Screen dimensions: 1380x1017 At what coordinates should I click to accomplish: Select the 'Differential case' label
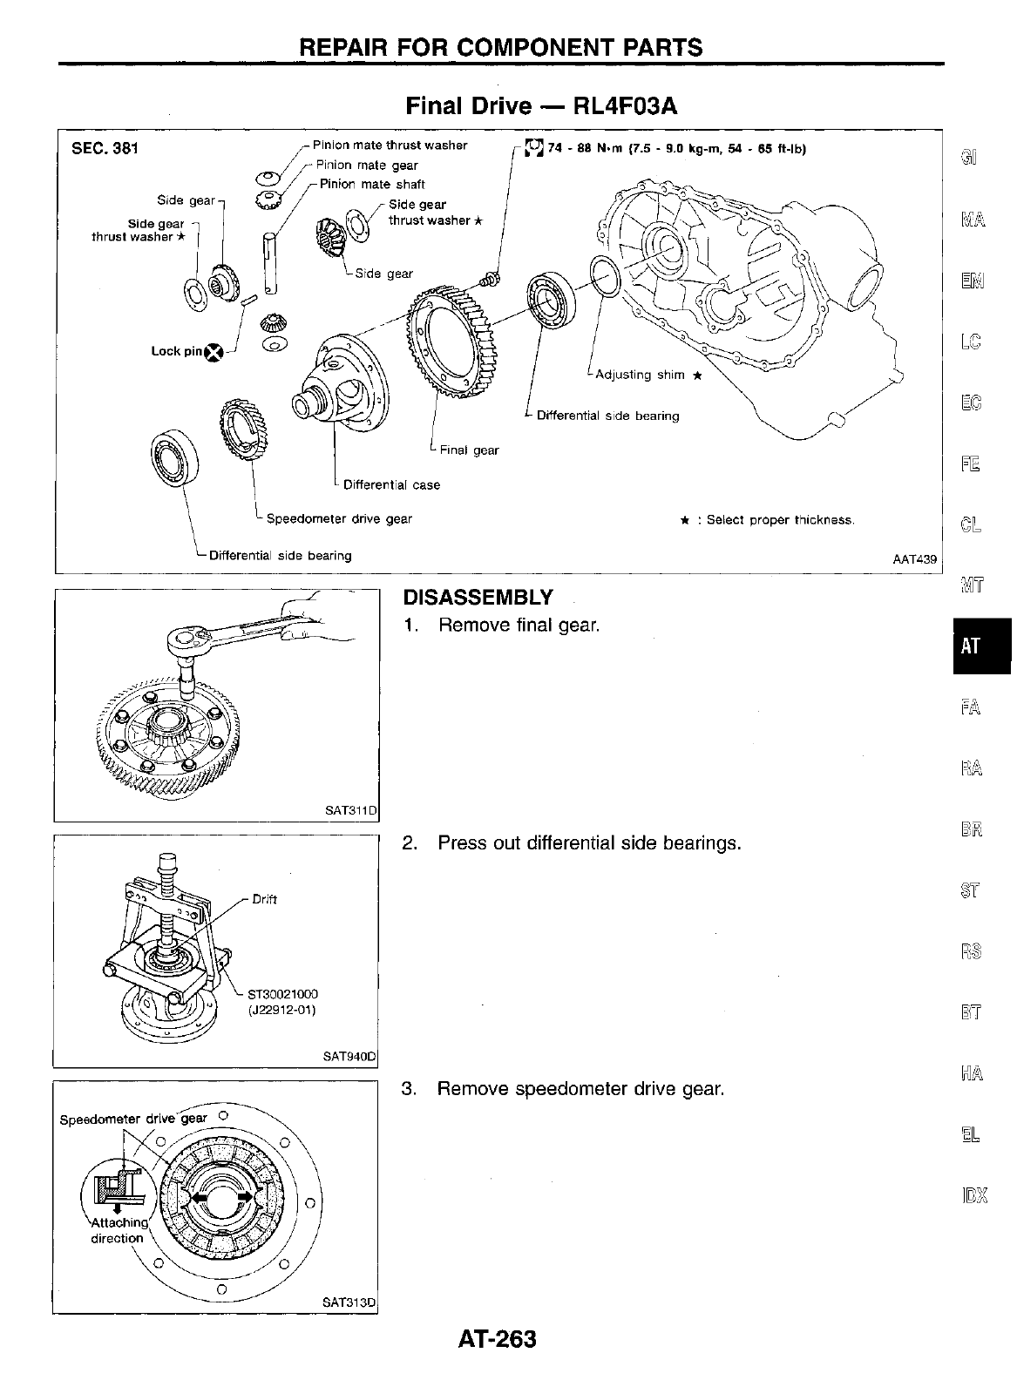[x=391, y=484]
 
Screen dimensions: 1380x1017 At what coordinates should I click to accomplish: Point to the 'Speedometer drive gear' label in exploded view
[x=339, y=519]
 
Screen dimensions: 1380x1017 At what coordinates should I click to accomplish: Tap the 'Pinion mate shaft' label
[x=372, y=184]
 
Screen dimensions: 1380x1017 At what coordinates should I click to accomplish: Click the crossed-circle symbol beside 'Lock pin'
[x=214, y=352]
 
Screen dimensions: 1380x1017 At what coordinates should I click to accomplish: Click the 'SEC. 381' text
[x=105, y=148]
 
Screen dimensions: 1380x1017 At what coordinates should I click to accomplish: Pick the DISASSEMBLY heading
[x=478, y=598]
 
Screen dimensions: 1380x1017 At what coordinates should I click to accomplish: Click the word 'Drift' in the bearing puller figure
[x=264, y=899]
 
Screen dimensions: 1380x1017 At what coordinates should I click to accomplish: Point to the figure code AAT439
[x=914, y=559]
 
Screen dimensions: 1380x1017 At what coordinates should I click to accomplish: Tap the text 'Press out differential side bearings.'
[x=589, y=843]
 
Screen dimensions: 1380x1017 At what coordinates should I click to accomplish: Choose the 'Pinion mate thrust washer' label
[x=390, y=145]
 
